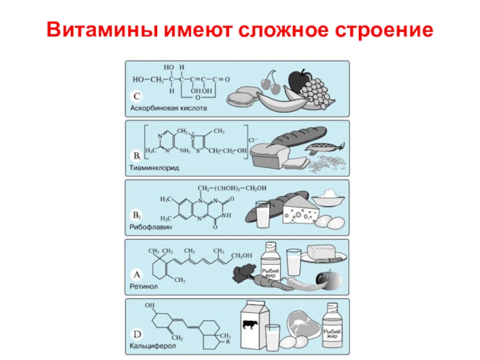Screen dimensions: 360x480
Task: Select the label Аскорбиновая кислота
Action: pyautogui.click(x=169, y=109)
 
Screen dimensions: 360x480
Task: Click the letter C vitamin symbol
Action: pyautogui.click(x=137, y=96)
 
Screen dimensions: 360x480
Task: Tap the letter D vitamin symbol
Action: pyautogui.click(x=137, y=334)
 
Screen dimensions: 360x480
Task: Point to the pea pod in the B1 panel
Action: pyautogui.click(x=325, y=147)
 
